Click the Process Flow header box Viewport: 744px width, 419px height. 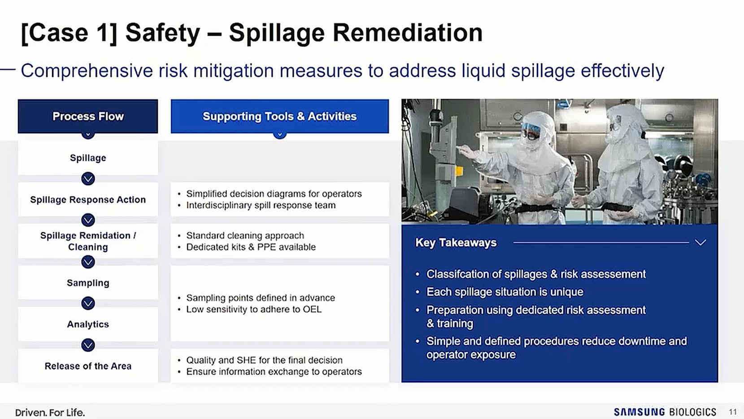[88, 116]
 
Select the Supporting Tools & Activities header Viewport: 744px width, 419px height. [280, 116]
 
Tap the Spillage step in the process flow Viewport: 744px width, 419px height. [88, 158]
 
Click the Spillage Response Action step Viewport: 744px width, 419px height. [88, 199]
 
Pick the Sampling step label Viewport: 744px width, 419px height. [88, 282]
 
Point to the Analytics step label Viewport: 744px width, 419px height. [88, 324]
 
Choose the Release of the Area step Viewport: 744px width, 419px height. [88, 366]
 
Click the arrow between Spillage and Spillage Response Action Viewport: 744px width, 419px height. [88, 179]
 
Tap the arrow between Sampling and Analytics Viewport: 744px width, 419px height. [88, 303]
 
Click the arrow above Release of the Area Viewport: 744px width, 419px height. [88, 345]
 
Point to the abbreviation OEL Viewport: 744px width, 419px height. [312, 309]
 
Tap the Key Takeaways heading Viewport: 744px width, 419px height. [456, 243]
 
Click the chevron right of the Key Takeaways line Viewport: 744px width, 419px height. [700, 243]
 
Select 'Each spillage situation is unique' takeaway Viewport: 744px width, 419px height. [505, 291]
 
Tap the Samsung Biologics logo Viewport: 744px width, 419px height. [665, 412]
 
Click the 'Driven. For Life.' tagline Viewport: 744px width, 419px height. [50, 412]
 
